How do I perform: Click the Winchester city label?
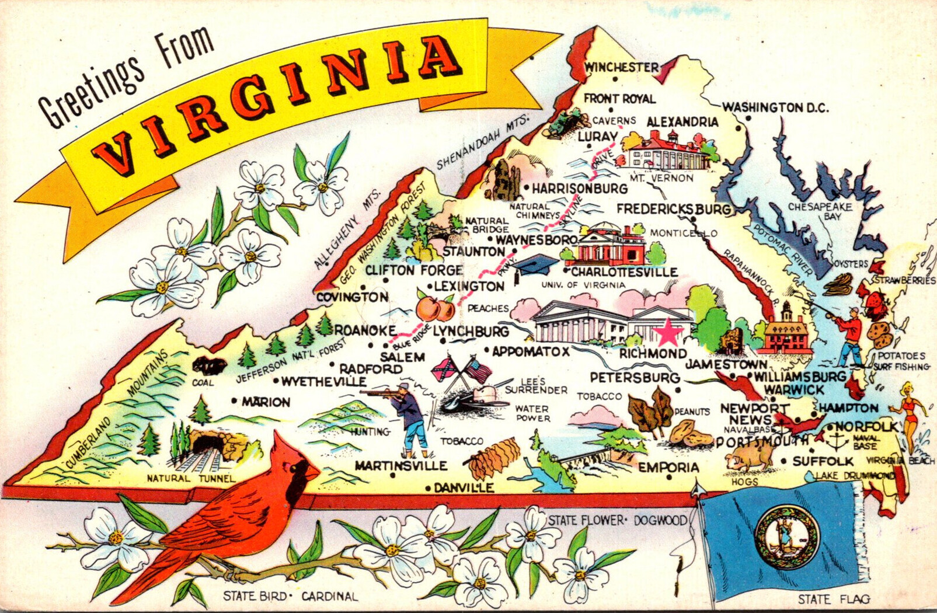tap(621, 67)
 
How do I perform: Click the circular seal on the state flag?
tap(786, 537)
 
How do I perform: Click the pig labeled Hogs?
tap(750, 457)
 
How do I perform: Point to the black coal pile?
tap(209, 366)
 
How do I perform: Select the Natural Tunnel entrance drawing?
tap(208, 444)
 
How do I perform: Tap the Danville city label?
tap(464, 487)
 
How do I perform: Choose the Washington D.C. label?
tap(775, 107)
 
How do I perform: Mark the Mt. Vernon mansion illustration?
tap(666, 152)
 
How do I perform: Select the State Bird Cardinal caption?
tap(290, 596)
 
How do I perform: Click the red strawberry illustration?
tap(874, 302)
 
